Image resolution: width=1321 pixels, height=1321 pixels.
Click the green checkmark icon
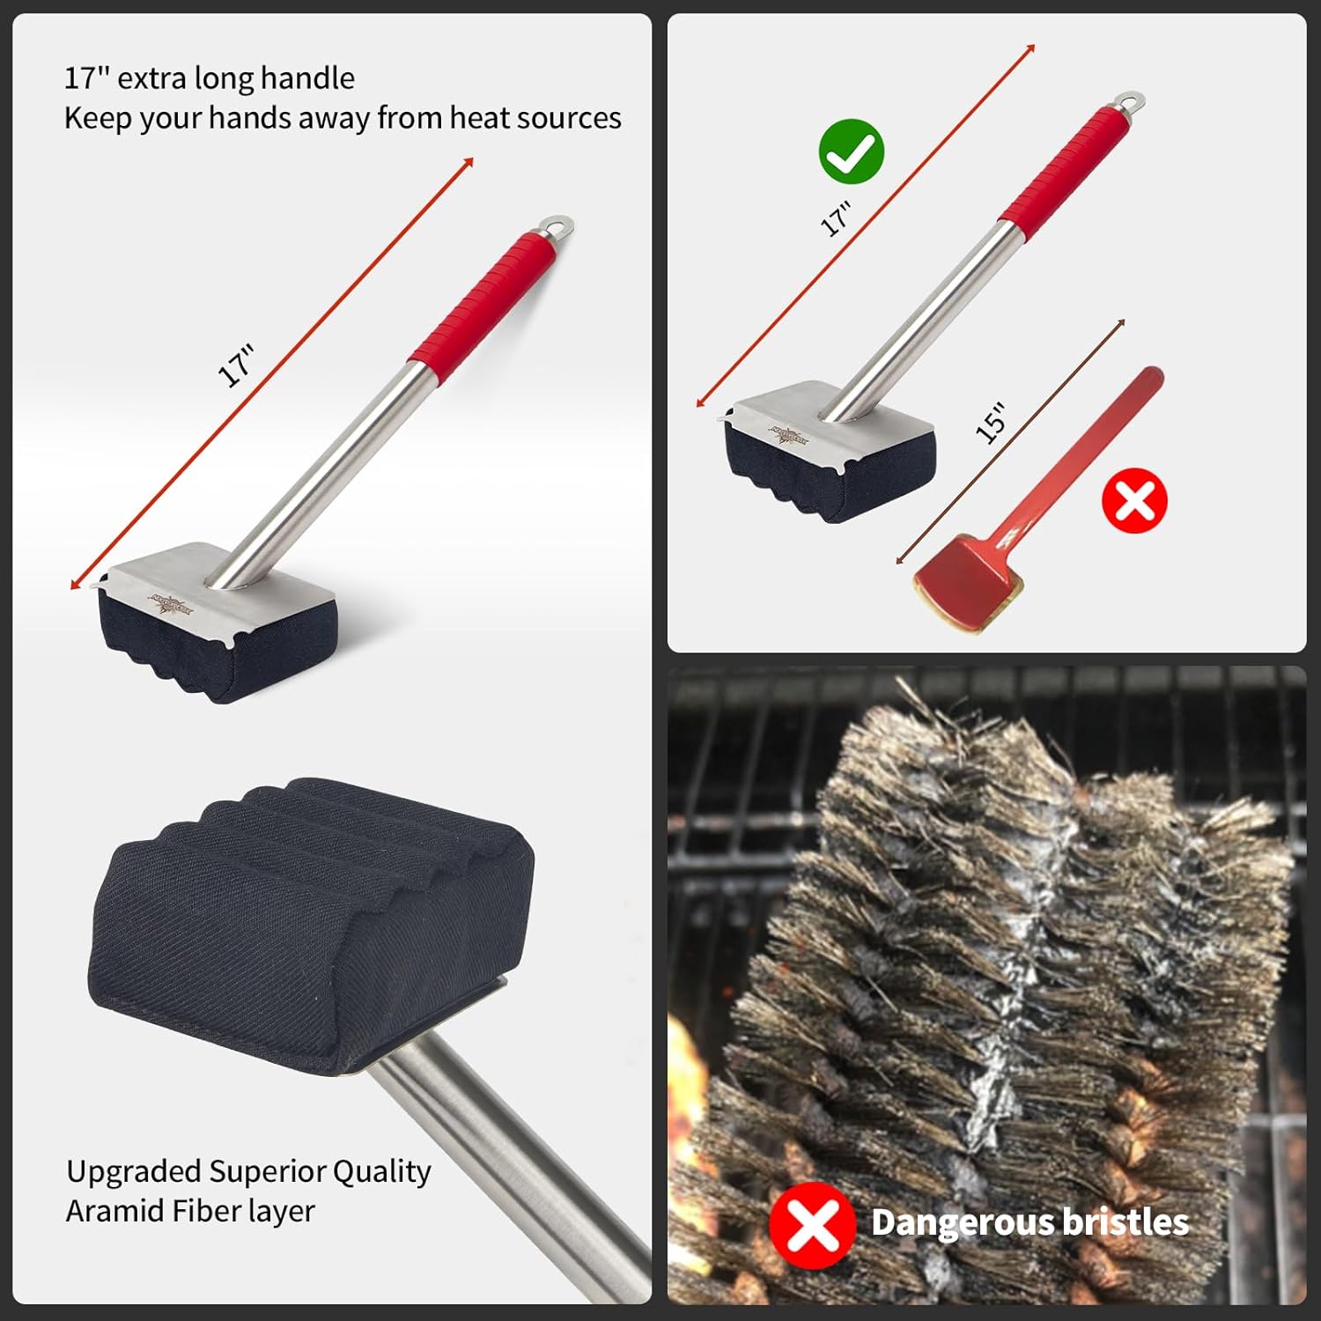(x=852, y=151)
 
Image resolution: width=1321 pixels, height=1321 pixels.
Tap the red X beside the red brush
(x=1134, y=500)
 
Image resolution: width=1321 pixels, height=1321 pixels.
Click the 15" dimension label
(x=992, y=423)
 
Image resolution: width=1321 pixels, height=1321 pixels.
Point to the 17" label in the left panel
(x=236, y=366)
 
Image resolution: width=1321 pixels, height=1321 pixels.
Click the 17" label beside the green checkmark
(x=836, y=219)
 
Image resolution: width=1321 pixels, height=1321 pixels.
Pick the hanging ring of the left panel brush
(x=559, y=226)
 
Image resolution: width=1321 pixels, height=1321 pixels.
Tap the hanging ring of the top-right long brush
(x=1132, y=102)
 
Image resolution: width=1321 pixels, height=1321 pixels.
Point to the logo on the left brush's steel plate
(x=168, y=604)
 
